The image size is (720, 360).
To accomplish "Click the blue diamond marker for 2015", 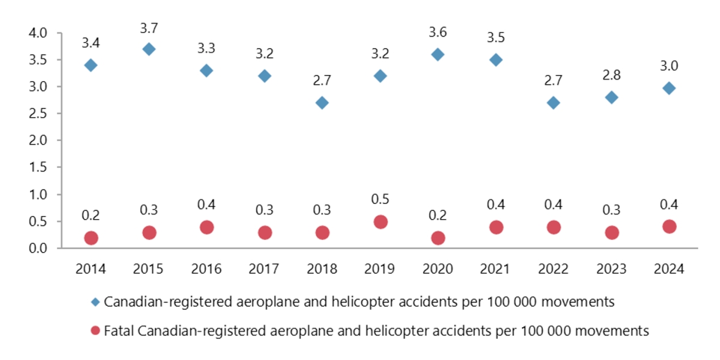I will click(x=149, y=49).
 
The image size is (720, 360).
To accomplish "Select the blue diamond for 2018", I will click(x=322, y=103).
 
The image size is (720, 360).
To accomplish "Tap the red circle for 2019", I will click(x=380, y=222).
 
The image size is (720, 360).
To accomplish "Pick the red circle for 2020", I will click(x=438, y=238).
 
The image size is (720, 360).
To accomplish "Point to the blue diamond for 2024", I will click(x=669, y=88).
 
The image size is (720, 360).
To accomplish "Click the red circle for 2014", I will click(x=91, y=238).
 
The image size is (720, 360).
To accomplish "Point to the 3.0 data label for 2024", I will click(x=669, y=65).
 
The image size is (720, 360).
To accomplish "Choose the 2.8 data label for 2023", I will click(x=611, y=75).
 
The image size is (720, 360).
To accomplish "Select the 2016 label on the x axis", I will click(x=206, y=269).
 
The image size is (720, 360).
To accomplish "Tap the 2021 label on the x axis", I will click(x=496, y=269).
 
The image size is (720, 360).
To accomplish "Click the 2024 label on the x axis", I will click(x=669, y=269).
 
